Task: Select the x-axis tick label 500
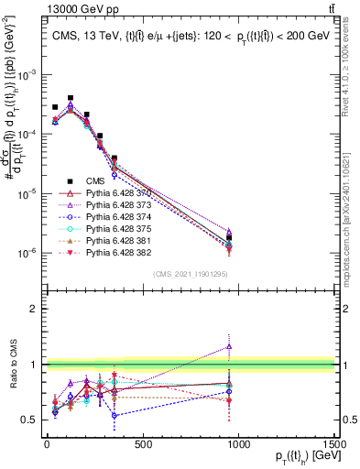pyautogui.click(x=142, y=445)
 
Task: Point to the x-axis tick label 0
pyautogui.click(x=47, y=445)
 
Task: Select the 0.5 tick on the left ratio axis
pyautogui.click(x=32, y=420)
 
